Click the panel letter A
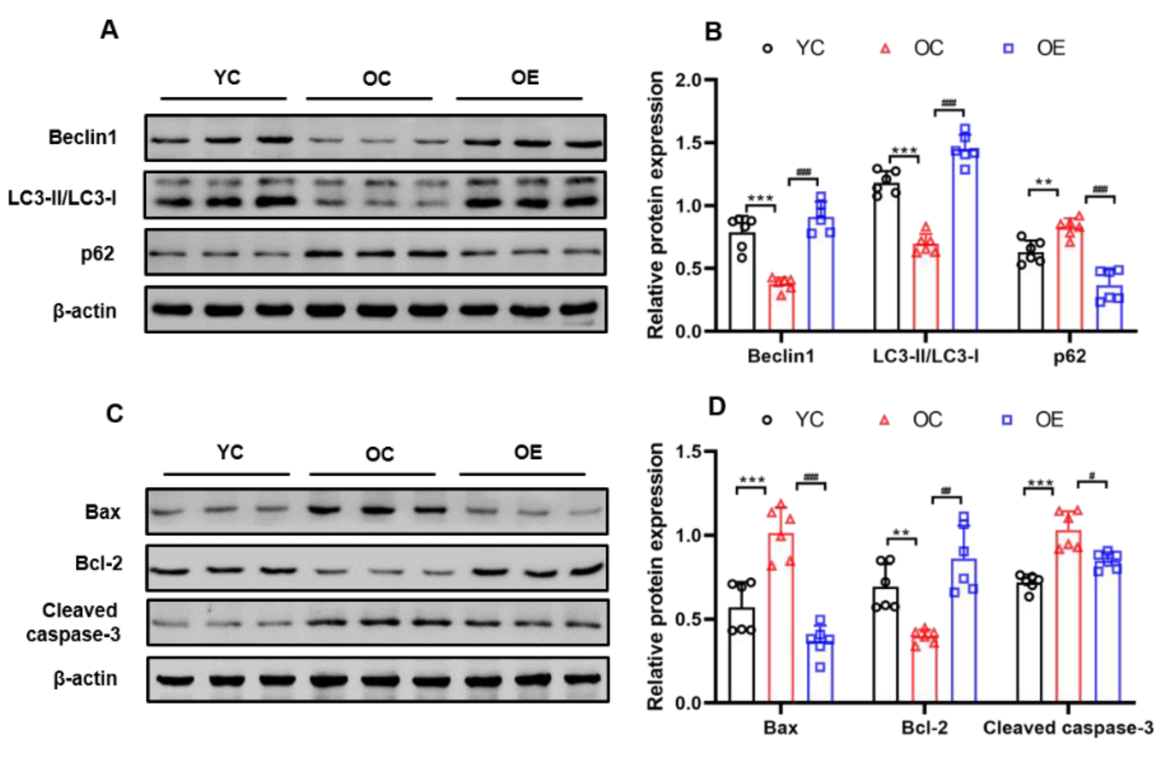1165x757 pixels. tap(109, 30)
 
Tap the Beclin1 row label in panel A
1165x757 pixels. tap(83, 137)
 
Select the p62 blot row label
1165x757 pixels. tap(97, 254)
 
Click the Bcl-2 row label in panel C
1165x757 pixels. tap(99, 563)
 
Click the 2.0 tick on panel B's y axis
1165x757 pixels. tap(688, 80)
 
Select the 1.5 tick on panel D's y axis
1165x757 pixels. tap(688, 451)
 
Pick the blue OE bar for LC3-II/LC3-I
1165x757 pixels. tap(965, 240)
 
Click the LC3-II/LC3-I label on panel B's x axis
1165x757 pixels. tap(926, 356)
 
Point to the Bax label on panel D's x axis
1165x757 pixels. tap(781, 728)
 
